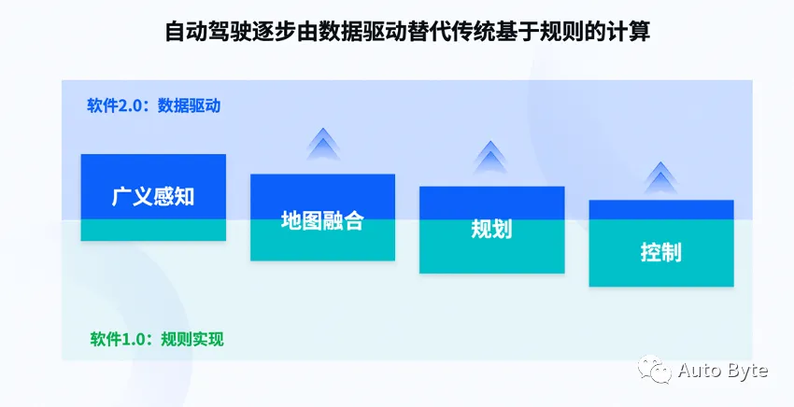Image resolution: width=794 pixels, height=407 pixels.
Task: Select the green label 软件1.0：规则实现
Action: tap(157, 338)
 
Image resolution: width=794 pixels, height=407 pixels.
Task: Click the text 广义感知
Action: tap(153, 197)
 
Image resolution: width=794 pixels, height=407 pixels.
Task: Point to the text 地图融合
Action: tap(322, 221)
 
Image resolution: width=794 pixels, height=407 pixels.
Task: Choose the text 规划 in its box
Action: tap(491, 230)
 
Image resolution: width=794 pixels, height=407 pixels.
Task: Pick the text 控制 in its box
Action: tap(660, 252)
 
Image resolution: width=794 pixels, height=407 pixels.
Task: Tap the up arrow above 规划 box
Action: tap(491, 157)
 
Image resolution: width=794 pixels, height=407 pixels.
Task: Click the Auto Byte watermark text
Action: tap(722, 371)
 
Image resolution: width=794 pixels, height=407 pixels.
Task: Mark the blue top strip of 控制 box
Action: tap(660, 210)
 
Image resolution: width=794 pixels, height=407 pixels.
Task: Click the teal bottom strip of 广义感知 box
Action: tap(153, 231)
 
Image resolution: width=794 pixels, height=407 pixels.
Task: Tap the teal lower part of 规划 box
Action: tap(491, 258)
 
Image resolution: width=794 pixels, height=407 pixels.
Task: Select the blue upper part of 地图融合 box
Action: tap(322, 189)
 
